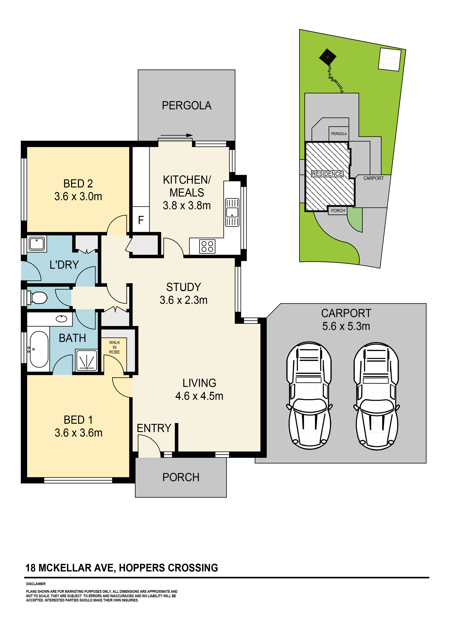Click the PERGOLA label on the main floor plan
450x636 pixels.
pyautogui.click(x=187, y=106)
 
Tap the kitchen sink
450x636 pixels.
pyautogui.click(x=232, y=212)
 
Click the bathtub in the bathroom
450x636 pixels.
pyautogui.click(x=39, y=349)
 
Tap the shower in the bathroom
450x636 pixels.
pyautogui.click(x=87, y=360)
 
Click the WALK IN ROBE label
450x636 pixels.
pyautogui.click(x=114, y=347)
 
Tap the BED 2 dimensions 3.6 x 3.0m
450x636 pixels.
pyautogui.click(x=78, y=196)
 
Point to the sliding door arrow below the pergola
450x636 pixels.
pyautogui.click(x=176, y=135)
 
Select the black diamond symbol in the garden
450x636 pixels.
pyautogui.click(x=328, y=57)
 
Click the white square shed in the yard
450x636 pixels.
pyautogui.click(x=390, y=59)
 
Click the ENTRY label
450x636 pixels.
pyautogui.click(x=154, y=428)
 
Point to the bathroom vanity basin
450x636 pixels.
pyautogui.click(x=61, y=319)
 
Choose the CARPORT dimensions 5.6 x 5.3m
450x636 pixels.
pyautogui.click(x=346, y=326)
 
